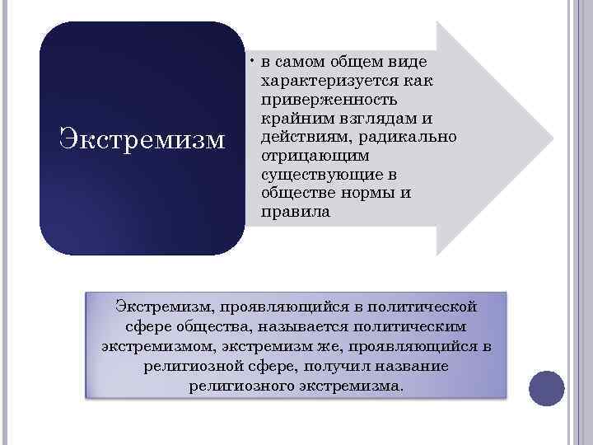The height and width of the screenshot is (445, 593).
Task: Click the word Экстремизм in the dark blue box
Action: tap(142, 137)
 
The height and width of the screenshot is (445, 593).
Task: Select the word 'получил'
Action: tap(349, 365)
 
